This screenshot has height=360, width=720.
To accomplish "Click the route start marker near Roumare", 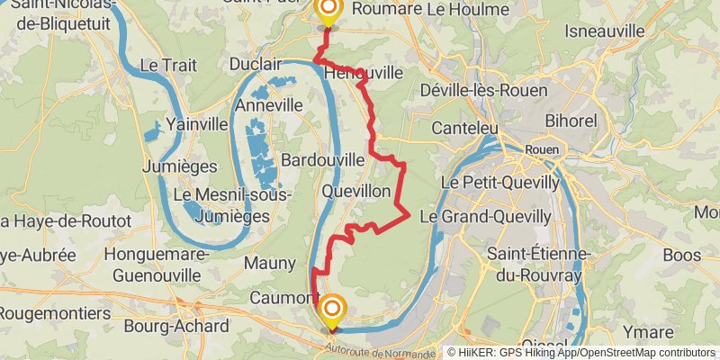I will coord(328,11).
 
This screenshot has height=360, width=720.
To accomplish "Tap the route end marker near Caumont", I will coord(330,311).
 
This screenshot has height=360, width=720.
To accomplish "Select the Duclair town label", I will coord(256,65).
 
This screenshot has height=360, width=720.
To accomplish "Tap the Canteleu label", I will coord(464,129).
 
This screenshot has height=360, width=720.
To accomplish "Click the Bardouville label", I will coord(322,159).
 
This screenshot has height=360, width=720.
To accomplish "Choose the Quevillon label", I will coord(356,192).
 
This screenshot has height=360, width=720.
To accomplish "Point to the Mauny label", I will coord(269,263).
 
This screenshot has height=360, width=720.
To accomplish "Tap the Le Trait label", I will coord(162,65).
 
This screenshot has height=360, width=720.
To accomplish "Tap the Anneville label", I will coord(268,105).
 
